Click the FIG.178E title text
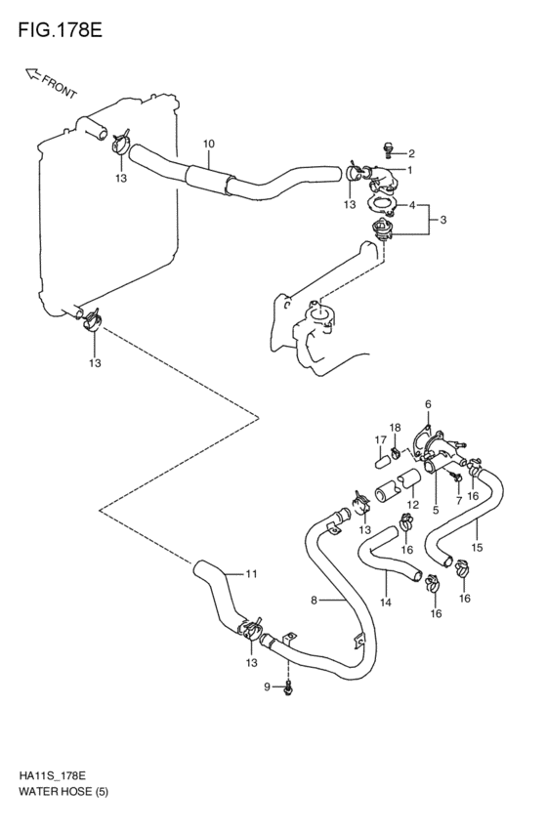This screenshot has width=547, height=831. click(x=60, y=30)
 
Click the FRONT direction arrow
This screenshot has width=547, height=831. click(x=32, y=75)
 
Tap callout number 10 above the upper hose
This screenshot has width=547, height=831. click(x=208, y=144)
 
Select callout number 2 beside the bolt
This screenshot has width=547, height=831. click(x=411, y=154)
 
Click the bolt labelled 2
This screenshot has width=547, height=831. click(x=389, y=150)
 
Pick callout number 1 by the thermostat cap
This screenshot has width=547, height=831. click(x=409, y=170)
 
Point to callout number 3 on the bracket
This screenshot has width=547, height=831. click(x=443, y=220)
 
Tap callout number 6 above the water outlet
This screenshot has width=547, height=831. click(x=428, y=405)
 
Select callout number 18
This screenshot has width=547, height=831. click(x=396, y=428)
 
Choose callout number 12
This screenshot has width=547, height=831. click(x=413, y=505)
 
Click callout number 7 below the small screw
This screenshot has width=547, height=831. click(x=459, y=500)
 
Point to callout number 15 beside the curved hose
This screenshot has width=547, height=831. click(x=477, y=548)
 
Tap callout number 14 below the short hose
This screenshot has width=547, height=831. click(x=386, y=602)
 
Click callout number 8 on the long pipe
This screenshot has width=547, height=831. click(x=314, y=601)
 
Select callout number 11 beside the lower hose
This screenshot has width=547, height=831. click(x=251, y=573)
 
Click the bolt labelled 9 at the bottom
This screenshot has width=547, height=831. click(x=288, y=688)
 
